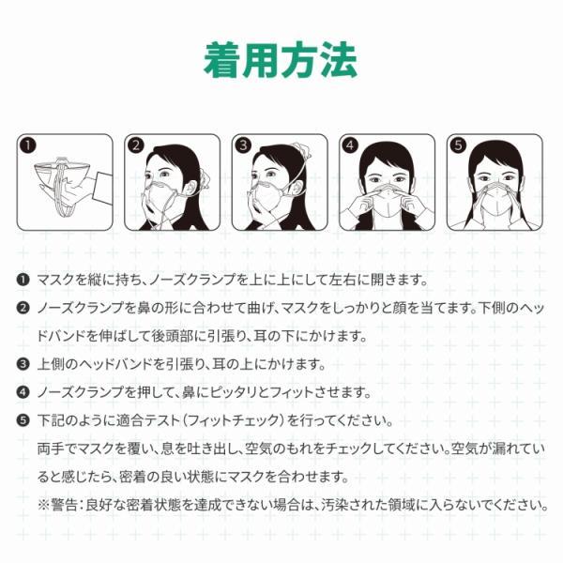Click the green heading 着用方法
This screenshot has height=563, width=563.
[281, 59]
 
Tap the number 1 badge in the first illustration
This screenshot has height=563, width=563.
[28, 145]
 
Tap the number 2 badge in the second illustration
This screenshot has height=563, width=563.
[136, 145]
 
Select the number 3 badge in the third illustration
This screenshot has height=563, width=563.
[243, 145]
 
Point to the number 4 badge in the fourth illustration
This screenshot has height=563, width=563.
[351, 145]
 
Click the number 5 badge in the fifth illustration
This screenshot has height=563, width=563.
[458, 145]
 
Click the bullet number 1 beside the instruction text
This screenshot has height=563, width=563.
[23, 281]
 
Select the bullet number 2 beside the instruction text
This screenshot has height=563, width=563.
[23, 308]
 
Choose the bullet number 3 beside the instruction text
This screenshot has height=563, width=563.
[23, 364]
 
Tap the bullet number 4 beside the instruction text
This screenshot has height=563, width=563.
[23, 392]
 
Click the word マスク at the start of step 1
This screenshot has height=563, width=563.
[53, 281]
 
